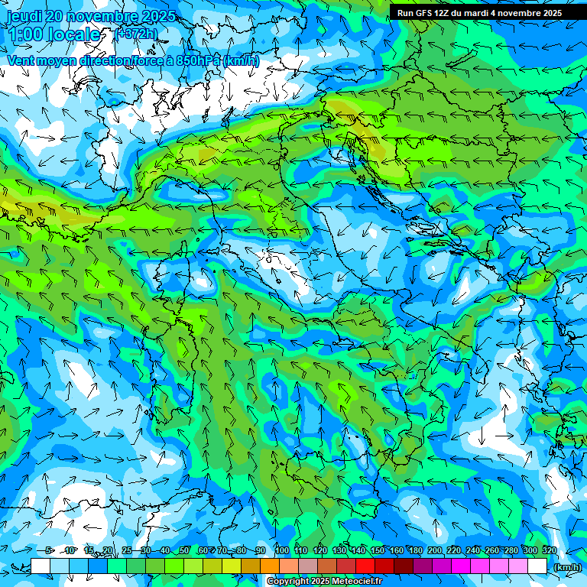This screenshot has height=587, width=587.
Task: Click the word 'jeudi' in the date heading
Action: (26, 16)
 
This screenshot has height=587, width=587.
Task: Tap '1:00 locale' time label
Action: (54, 34)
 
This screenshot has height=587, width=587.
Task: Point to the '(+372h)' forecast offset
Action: (137, 34)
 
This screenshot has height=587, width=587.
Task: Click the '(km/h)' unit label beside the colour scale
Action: (566, 567)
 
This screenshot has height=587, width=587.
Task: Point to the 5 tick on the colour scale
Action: (50, 550)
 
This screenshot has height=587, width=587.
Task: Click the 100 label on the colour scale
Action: (281, 550)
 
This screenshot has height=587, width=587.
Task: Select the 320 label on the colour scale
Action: (549, 550)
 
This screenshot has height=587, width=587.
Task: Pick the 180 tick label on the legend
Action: (415, 550)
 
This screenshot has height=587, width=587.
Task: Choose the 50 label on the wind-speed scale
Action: (184, 550)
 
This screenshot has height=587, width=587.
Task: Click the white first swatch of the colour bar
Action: (41, 566)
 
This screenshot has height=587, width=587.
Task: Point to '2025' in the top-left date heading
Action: (159, 16)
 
